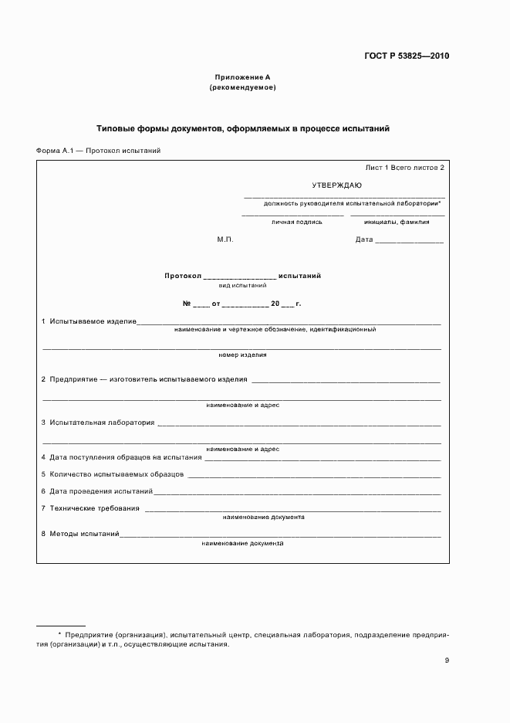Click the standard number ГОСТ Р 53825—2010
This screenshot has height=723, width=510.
click(407, 56)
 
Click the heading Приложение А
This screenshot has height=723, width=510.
click(243, 77)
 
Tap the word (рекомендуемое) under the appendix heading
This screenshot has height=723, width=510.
click(243, 87)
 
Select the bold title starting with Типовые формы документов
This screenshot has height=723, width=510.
click(243, 128)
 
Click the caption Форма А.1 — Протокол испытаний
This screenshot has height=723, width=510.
click(98, 151)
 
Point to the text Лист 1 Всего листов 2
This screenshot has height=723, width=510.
click(404, 168)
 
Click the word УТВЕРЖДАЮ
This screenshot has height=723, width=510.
click(336, 185)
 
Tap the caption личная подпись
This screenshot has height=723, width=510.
click(296, 222)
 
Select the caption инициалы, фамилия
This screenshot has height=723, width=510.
click(397, 222)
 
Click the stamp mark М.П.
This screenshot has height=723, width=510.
click(225, 239)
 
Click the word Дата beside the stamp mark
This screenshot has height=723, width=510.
click(364, 239)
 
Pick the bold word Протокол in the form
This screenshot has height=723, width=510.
click(183, 276)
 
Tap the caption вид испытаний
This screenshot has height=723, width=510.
click(242, 286)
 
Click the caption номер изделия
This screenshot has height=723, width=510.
click(242, 355)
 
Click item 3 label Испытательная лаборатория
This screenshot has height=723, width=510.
click(102, 423)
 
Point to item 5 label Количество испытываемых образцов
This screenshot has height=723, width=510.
click(117, 474)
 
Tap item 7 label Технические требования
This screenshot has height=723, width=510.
click(94, 508)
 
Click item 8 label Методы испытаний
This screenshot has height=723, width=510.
click(84, 534)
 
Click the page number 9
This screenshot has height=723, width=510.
click(447, 660)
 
